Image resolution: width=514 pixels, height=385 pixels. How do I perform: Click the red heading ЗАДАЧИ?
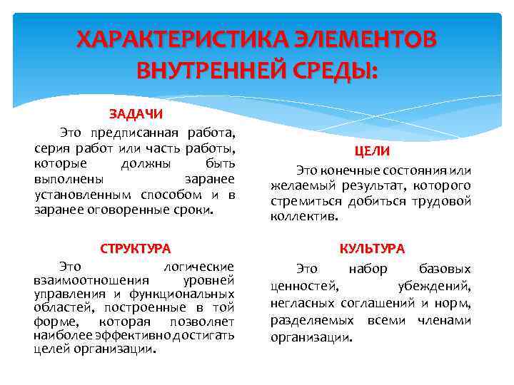coord(136,114)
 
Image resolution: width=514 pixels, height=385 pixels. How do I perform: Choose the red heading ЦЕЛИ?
coord(372,152)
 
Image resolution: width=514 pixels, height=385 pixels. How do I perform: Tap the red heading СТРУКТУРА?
coord(136,249)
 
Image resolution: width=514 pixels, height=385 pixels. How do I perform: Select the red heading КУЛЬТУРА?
coord(372,249)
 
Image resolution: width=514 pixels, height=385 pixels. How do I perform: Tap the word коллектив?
coord(304,217)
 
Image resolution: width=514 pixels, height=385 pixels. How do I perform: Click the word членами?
coord(446,320)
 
